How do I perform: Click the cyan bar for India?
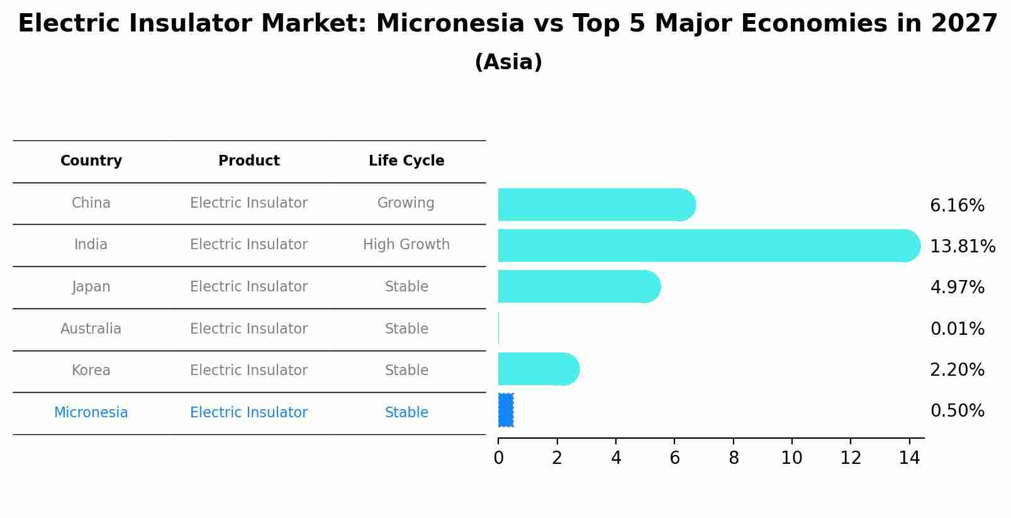pyautogui.click(x=709, y=245)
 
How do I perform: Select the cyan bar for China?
pyautogui.click(x=597, y=205)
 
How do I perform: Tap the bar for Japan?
pyautogui.click(x=579, y=287)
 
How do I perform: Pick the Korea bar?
pyautogui.click(x=539, y=369)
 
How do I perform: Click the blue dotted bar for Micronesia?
pyautogui.click(x=506, y=410)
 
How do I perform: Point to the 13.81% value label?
pyautogui.click(x=963, y=247)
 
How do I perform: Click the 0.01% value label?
pyautogui.click(x=958, y=329)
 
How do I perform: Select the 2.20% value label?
pyautogui.click(x=958, y=370)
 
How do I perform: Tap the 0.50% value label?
pyautogui.click(x=958, y=410)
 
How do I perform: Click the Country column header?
pyautogui.click(x=91, y=160)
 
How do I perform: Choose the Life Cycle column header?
pyautogui.click(x=406, y=160)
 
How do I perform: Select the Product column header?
pyautogui.click(x=249, y=160)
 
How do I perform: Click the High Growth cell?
pyautogui.click(x=406, y=244)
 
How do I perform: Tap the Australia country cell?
pyautogui.click(x=91, y=329)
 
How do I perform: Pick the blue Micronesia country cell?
pyautogui.click(x=91, y=412)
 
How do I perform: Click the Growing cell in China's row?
pyautogui.click(x=406, y=203)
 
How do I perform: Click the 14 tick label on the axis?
pyautogui.click(x=909, y=458)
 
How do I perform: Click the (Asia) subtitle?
pyautogui.click(x=509, y=62)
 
